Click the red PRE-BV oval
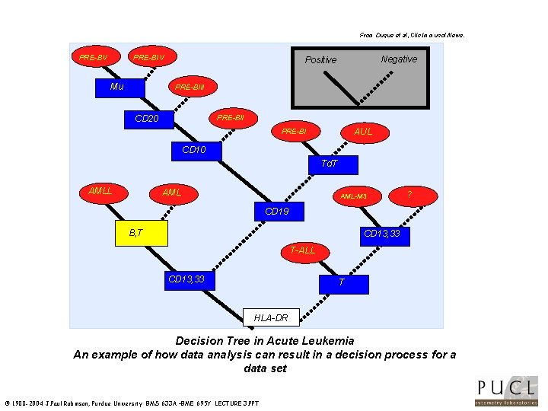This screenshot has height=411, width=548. point(94,57)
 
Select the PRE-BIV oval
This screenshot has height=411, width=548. point(149,57)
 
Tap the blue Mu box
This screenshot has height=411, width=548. point(116,87)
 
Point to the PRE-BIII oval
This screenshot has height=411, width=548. point(190,87)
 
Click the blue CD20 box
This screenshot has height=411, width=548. point(146,119)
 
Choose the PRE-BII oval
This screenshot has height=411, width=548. point(230,118)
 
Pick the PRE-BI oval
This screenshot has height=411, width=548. point(294,132)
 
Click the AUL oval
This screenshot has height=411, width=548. point(364,132)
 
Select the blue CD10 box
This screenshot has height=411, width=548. point(194,150)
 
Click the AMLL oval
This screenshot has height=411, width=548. point(100,191)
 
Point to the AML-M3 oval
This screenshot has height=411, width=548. point(353,196)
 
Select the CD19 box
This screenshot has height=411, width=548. point(276,211)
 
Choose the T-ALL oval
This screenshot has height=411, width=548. point(303,250)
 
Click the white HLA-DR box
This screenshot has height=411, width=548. point(271,317)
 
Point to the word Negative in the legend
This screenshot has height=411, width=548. point(399,59)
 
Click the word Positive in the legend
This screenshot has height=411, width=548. point(320,60)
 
